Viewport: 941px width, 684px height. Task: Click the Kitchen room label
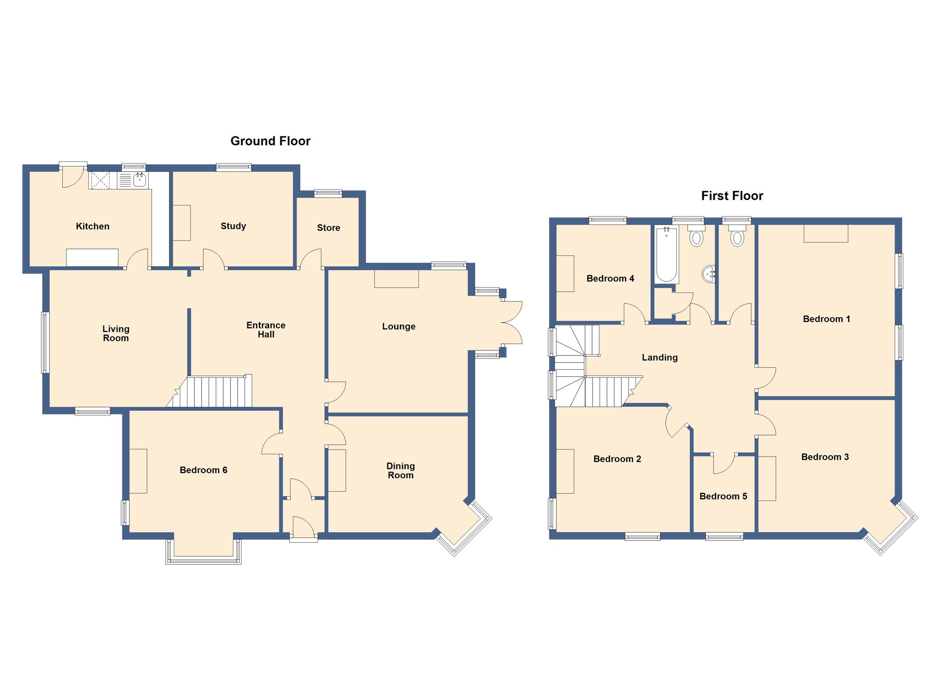[93, 227]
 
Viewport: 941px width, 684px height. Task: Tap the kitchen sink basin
[140, 180]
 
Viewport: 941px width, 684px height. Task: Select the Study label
[233, 227]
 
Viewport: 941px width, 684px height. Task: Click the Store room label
[329, 228]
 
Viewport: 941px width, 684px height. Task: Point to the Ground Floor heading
[271, 142]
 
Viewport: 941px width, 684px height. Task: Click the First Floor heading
[732, 196]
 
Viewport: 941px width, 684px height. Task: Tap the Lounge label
[399, 327]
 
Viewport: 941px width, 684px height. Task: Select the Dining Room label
[401, 471]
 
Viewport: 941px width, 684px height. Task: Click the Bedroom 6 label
[203, 470]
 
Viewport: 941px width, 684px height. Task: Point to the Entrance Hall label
[266, 330]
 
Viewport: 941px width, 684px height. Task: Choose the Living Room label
[116, 334]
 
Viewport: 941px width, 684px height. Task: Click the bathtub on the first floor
[666, 254]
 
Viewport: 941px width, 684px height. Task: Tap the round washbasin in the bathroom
[709, 273]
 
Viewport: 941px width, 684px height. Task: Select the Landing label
[660, 357]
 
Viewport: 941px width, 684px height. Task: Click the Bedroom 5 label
[723, 497]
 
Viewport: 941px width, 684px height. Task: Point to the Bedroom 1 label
[827, 319]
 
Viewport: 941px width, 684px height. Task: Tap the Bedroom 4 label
[610, 278]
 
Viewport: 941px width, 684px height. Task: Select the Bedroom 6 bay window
[203, 552]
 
